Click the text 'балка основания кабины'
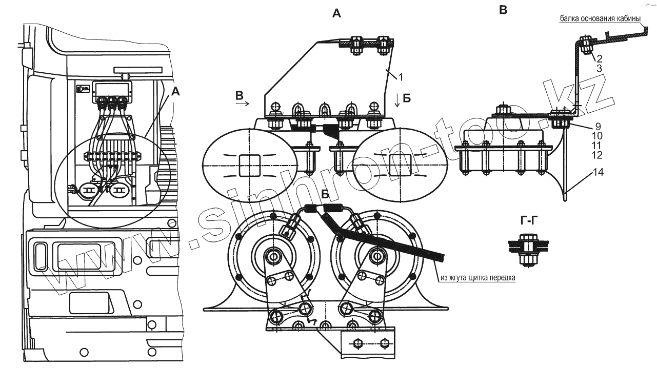click(x=600, y=19)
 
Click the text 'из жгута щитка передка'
click(x=477, y=278)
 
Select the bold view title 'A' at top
click(x=336, y=14)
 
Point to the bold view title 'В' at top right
click(x=503, y=9)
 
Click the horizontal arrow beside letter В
click(x=243, y=103)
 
